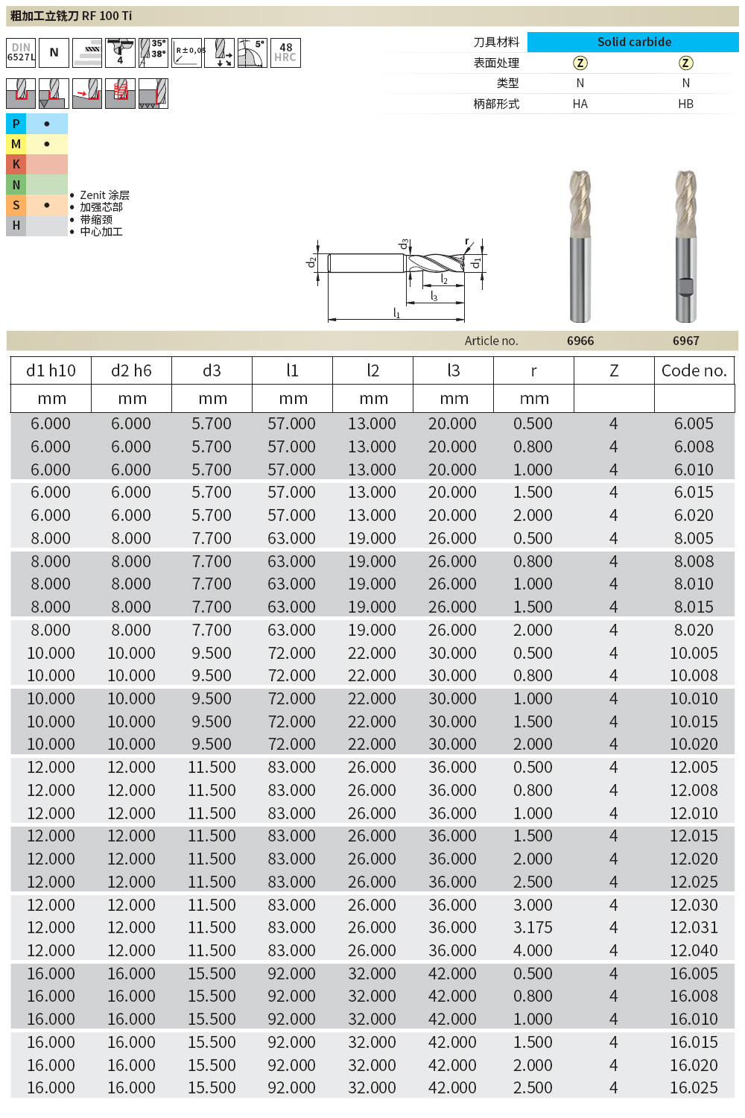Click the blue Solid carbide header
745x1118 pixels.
pyautogui.click(x=633, y=42)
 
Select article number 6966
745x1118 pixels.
pyautogui.click(x=580, y=341)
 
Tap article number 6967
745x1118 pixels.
pyautogui.click(x=685, y=341)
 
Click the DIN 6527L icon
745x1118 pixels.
pyautogui.click(x=21, y=52)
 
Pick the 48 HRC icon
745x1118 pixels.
pyautogui.click(x=285, y=52)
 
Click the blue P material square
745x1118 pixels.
pyautogui.click(x=16, y=124)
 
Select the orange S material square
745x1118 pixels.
pyautogui.click(x=16, y=205)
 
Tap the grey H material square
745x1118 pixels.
pyautogui.click(x=16, y=225)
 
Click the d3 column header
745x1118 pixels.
pyautogui.click(x=212, y=370)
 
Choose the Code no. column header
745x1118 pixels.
pyautogui.click(x=694, y=370)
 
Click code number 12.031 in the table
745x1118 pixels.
pyautogui.click(x=694, y=927)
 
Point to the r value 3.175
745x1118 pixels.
pyautogui.click(x=533, y=927)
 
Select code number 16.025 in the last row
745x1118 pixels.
pyautogui.click(x=694, y=1087)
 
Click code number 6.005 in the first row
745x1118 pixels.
pyautogui.click(x=694, y=423)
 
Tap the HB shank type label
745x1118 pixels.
pyautogui.click(x=685, y=104)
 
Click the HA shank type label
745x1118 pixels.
pyautogui.click(x=580, y=104)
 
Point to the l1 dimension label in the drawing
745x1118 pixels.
pyautogui.click(x=396, y=314)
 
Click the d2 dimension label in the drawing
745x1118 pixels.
pyautogui.click(x=311, y=262)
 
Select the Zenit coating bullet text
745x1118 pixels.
pyautogui.click(x=104, y=195)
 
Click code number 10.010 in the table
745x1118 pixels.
pyautogui.click(x=694, y=698)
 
